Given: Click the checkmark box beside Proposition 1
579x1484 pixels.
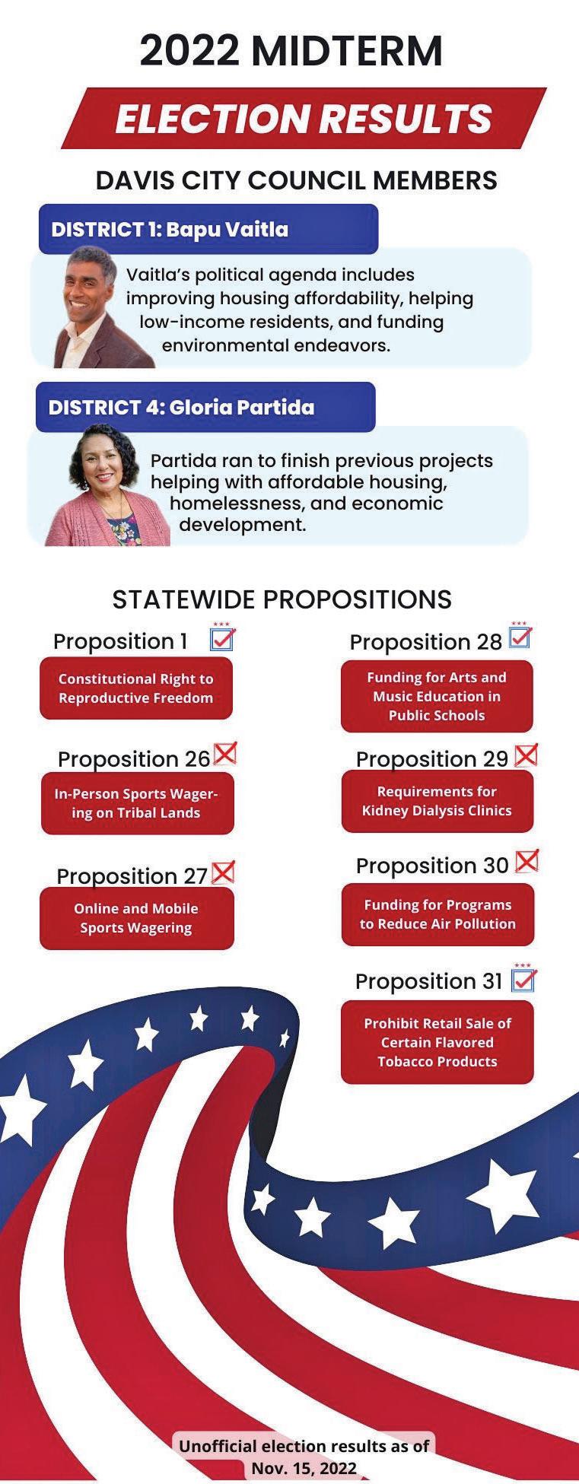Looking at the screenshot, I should pos(222,638).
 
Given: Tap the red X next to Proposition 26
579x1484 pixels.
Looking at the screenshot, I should pos(225,753).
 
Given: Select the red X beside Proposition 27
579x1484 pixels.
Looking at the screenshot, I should pos(223,872).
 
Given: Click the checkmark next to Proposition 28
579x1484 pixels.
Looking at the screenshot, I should pos(520,637).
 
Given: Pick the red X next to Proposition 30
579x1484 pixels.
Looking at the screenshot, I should pos(527,861).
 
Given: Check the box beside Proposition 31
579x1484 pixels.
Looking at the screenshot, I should pos(523,979).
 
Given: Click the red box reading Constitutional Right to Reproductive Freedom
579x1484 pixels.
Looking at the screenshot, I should pos(136,688).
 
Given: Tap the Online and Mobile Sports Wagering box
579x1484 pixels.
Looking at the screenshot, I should pos(136,918).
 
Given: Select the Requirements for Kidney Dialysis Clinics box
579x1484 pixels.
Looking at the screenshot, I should pos(437,801).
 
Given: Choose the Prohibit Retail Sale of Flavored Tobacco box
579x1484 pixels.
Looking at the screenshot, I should pos(437,1042).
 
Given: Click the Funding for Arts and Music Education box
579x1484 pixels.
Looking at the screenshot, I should pos(437,696).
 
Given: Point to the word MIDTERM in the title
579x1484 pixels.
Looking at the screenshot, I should pos(346,50).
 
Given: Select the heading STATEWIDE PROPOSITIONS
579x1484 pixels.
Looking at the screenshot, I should pos(282,599).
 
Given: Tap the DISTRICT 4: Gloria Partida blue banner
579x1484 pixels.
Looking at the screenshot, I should pos(205,407).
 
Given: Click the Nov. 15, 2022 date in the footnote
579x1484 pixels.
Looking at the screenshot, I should pos(304,1468).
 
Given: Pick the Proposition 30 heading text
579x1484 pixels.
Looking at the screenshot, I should pos(432,866).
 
